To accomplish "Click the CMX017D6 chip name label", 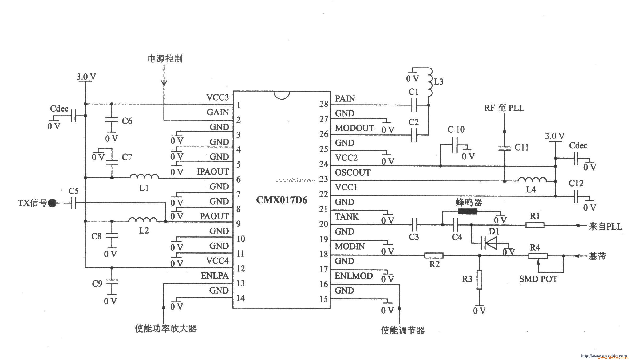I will pyautogui.click(x=282, y=200).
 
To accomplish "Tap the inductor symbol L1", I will pyautogui.click(x=144, y=176).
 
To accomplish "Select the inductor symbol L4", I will pyautogui.click(x=532, y=180).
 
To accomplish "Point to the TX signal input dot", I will pyautogui.click(x=53, y=203).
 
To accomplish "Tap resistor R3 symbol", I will pyautogui.click(x=479, y=280).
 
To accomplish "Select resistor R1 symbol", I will pyautogui.click(x=535, y=225).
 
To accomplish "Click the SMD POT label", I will pyautogui.click(x=538, y=279).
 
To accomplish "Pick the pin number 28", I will pyautogui.click(x=324, y=104).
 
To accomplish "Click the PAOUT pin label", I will pyautogui.click(x=214, y=216).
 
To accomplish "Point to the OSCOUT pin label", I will pyautogui.click(x=353, y=173).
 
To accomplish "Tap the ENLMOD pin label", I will pyautogui.click(x=354, y=276).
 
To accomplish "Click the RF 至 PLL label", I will pyautogui.click(x=504, y=108).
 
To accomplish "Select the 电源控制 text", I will pyautogui.click(x=165, y=59).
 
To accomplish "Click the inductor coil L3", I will pyautogui.click(x=430, y=83).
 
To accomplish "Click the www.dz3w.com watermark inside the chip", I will pyautogui.click(x=295, y=181).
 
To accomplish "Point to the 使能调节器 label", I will pyautogui.click(x=402, y=331).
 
